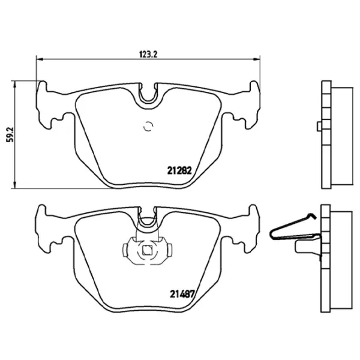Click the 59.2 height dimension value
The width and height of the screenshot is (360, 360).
[9, 133]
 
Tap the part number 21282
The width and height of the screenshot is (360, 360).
[178, 170]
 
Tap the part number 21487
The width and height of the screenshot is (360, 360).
[178, 294]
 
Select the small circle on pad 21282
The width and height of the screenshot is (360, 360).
[148, 127]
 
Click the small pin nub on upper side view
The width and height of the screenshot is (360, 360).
[317, 126]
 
